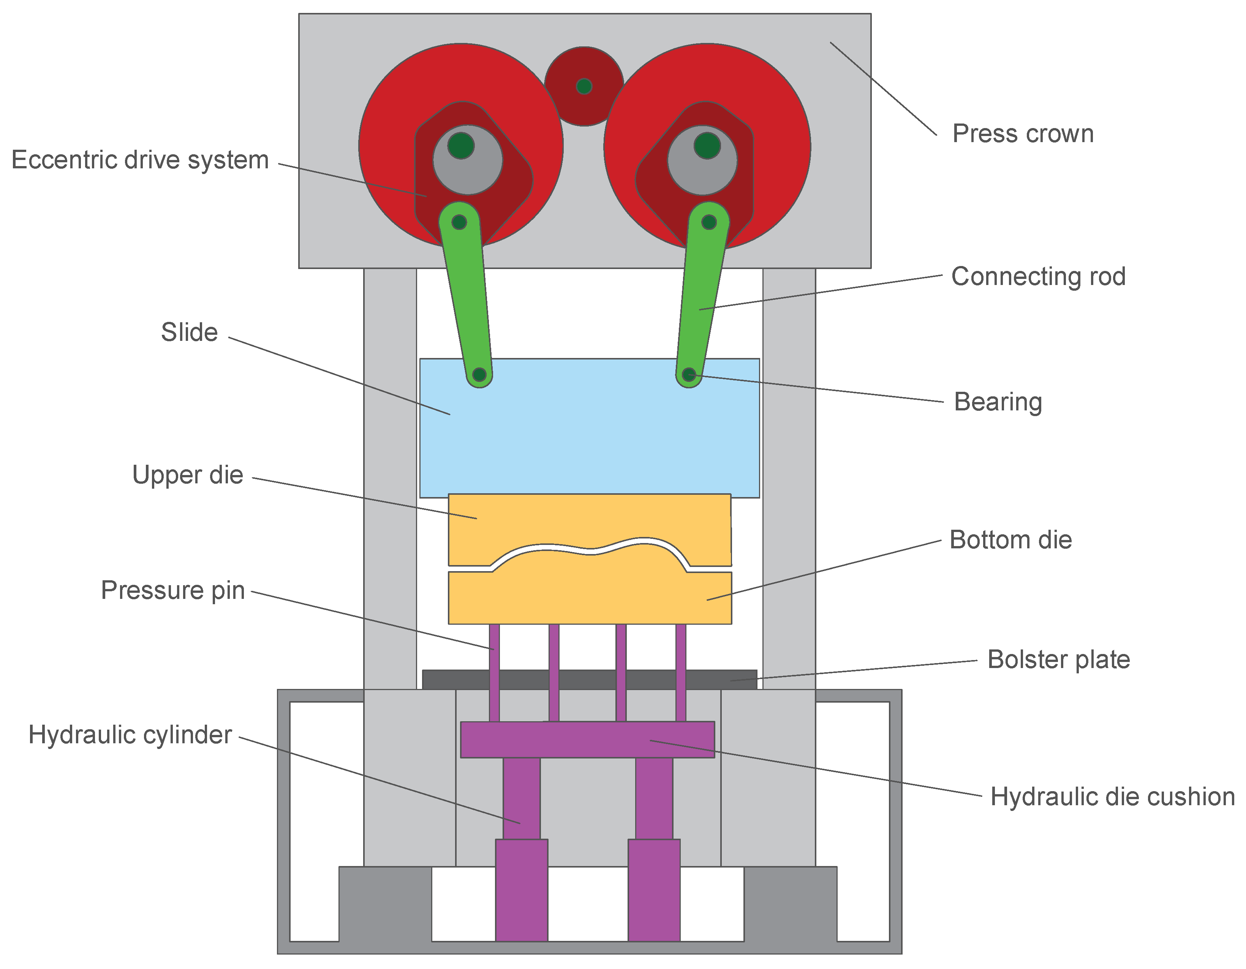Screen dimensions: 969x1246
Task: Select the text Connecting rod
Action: click(x=1038, y=277)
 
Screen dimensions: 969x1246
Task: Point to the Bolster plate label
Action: click(x=1058, y=660)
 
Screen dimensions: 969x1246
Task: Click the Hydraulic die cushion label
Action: click(x=1112, y=796)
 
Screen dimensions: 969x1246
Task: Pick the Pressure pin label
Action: click(x=172, y=591)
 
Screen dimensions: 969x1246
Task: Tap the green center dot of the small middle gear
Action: click(x=583, y=87)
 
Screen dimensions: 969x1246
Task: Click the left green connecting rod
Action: click(x=468, y=297)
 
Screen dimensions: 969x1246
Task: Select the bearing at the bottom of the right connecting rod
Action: click(x=689, y=375)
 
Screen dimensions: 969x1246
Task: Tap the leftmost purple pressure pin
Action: click(x=494, y=673)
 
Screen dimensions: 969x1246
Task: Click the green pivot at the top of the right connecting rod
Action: click(x=708, y=222)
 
